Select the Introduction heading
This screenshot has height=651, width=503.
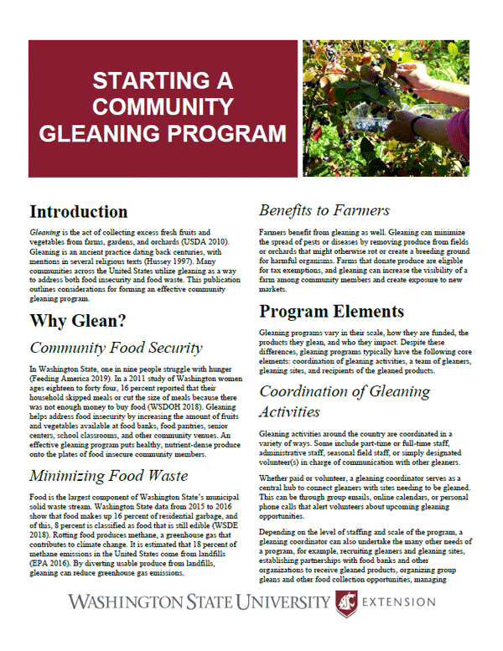point(79,211)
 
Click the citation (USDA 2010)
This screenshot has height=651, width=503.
point(213,240)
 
